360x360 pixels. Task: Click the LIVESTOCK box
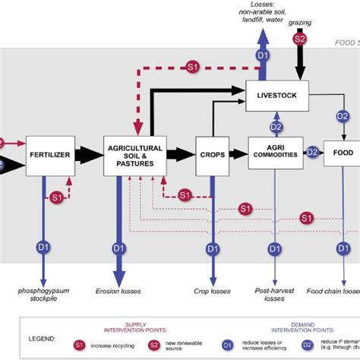pos(276,96)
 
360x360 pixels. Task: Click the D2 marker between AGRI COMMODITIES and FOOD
pos(311,152)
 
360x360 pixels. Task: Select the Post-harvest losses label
pos(272,293)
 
